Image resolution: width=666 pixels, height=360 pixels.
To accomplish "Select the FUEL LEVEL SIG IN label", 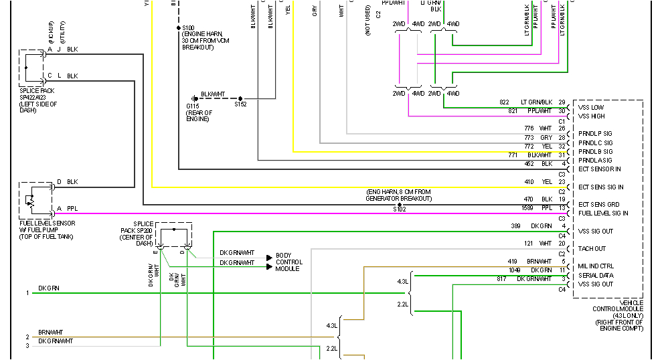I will [x=603, y=213].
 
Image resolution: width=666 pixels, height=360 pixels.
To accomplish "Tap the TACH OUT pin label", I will [x=592, y=249].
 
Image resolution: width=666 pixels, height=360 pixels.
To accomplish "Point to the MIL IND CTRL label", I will [x=596, y=266].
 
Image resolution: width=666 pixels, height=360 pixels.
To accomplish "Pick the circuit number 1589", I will [x=529, y=208].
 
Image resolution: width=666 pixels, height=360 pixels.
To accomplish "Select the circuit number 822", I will [x=504, y=102].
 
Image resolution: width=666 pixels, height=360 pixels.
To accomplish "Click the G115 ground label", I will [x=193, y=106].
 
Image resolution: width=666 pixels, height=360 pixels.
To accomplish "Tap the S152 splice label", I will [x=240, y=105].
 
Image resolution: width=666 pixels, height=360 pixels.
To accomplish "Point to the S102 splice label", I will [x=400, y=209].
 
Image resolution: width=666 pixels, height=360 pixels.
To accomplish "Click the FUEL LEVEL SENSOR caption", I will [x=46, y=222].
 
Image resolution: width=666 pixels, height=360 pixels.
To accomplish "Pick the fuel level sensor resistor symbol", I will [x=29, y=199].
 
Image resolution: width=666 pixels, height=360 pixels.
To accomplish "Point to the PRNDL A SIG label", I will [x=595, y=161].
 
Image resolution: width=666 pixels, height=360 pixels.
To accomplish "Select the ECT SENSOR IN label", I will [x=599, y=169].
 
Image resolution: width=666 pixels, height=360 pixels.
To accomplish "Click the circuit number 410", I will [x=529, y=182].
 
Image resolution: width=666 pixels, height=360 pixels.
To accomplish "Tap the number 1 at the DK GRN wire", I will [x=27, y=293].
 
